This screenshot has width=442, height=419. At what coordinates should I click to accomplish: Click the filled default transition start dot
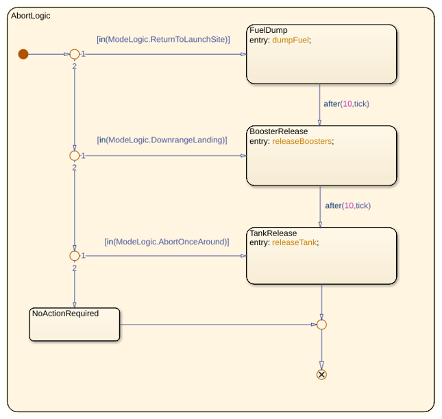[23, 54]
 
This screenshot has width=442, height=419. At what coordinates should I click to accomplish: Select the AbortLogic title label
[30, 16]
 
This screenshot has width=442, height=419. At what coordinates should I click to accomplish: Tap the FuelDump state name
[269, 30]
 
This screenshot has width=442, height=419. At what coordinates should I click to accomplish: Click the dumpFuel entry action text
[291, 40]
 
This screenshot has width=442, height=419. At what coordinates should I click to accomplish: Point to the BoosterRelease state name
[278, 131]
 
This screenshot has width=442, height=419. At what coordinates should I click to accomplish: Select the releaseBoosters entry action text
[302, 141]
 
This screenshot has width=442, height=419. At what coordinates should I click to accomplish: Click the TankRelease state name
[273, 233]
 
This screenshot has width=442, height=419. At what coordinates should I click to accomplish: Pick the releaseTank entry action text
[294, 242]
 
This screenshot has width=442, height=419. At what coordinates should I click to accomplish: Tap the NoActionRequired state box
[75, 325]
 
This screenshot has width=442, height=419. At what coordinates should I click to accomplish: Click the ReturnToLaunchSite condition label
[163, 40]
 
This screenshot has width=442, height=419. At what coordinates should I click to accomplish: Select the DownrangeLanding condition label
[162, 140]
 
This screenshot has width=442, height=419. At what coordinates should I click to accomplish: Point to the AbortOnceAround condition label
[167, 242]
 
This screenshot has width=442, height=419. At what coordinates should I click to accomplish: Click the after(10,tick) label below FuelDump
[346, 104]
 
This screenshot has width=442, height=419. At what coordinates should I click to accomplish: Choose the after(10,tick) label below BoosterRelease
[347, 205]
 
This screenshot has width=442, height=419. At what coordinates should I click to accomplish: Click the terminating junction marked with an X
[321, 374]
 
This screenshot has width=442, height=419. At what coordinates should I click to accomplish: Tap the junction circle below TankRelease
[321, 320]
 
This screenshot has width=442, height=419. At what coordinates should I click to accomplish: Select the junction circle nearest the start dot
[75, 49]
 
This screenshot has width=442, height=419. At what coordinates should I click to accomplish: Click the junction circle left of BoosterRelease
[75, 151]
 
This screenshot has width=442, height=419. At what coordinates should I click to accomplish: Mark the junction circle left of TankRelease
[75, 251]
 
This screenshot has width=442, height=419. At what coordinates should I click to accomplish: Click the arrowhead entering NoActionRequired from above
[75, 305]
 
